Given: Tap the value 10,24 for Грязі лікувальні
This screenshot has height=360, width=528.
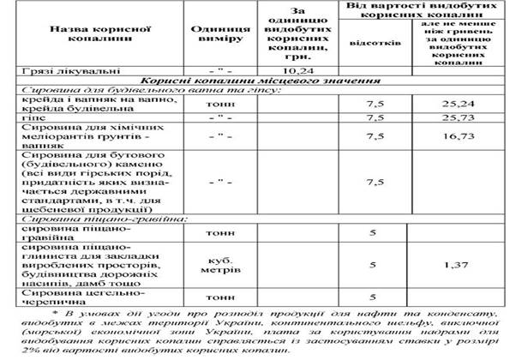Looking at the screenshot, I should [x=296, y=70].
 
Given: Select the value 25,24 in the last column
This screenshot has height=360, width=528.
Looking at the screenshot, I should [x=471, y=104].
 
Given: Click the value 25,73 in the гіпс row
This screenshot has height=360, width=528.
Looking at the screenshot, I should [x=471, y=117].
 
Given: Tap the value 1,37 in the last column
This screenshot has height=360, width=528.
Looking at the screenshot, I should [x=471, y=266].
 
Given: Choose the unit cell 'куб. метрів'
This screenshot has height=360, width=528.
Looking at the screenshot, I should [x=220, y=266].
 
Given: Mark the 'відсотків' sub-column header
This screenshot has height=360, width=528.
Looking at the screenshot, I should [x=371, y=41].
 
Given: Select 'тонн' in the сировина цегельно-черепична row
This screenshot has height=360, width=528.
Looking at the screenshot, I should [x=220, y=297].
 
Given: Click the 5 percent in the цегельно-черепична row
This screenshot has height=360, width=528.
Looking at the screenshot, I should [x=371, y=297].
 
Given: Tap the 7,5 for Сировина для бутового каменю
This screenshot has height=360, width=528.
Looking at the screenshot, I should [x=371, y=183].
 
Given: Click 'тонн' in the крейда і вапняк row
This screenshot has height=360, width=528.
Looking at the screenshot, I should [x=220, y=104].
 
